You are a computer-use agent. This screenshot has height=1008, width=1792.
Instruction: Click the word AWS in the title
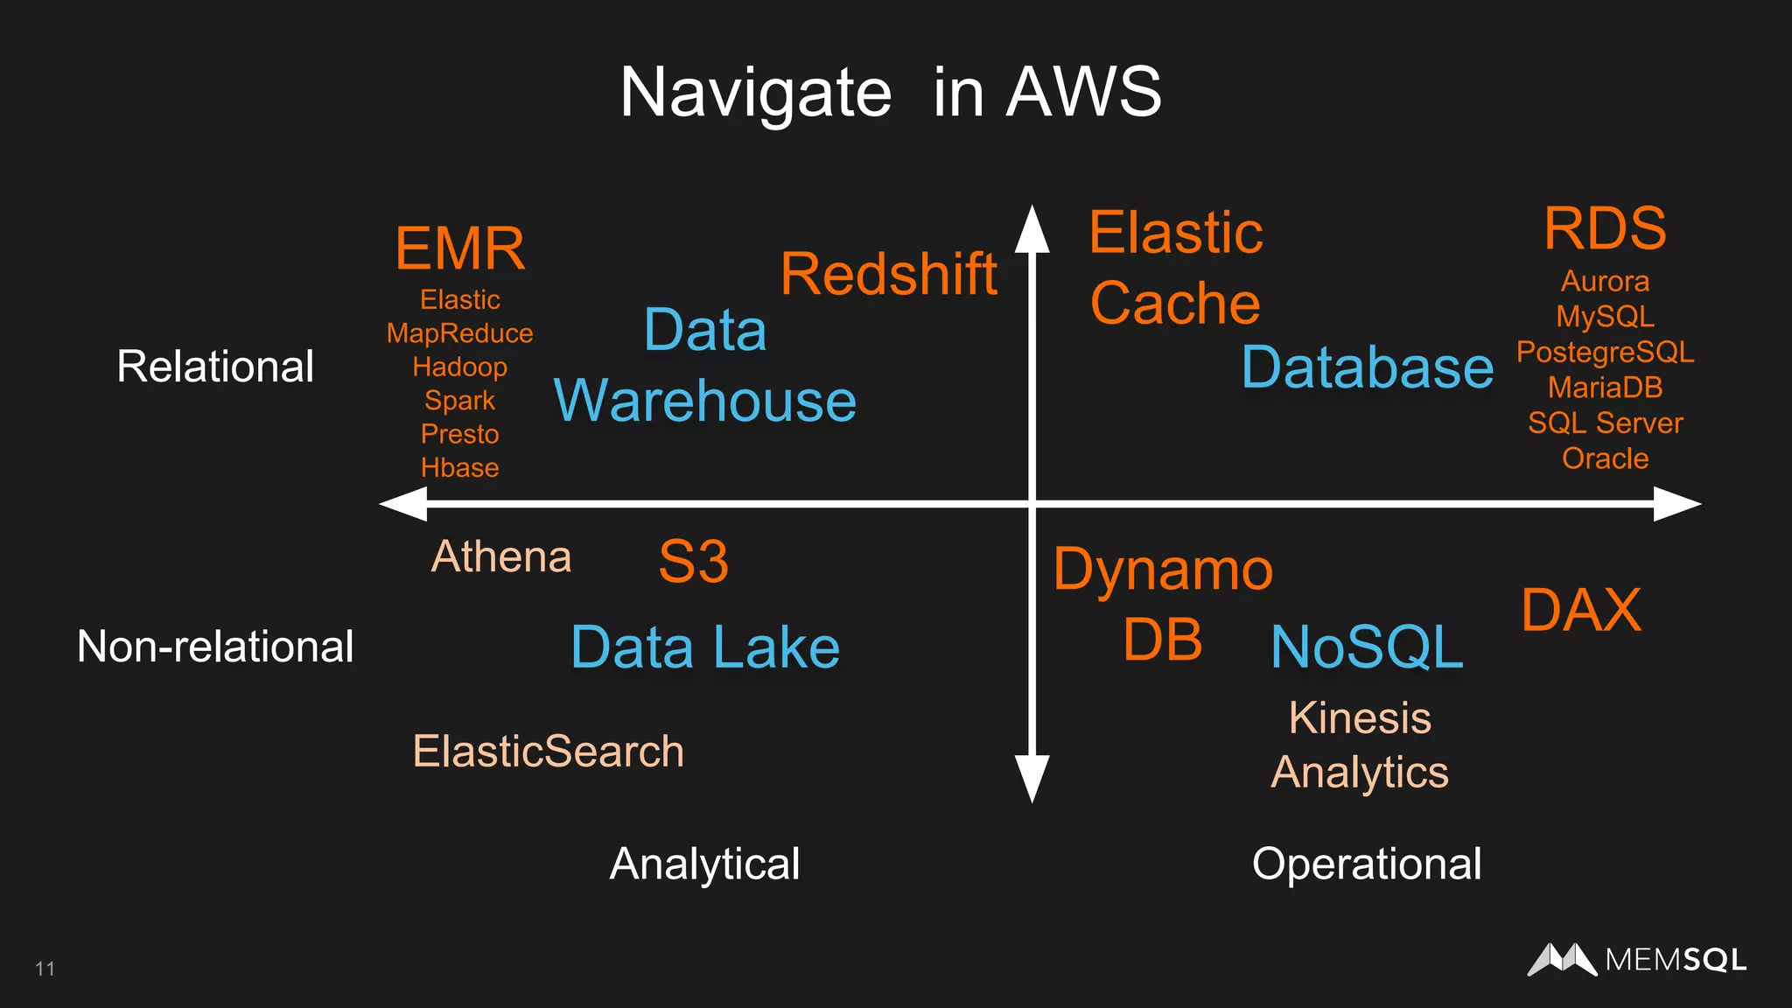tap(1083, 92)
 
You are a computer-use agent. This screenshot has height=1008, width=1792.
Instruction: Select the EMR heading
tap(460, 248)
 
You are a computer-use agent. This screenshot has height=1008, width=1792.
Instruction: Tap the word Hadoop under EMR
tap(459, 367)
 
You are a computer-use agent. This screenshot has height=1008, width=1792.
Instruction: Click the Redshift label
tap(888, 274)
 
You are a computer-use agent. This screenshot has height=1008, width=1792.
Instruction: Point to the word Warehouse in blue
tap(705, 401)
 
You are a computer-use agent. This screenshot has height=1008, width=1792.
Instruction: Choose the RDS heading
tap(1605, 228)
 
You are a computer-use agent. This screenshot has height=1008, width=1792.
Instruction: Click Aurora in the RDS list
tap(1605, 282)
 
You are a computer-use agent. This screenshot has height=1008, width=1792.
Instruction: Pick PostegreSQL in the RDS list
tap(1605, 352)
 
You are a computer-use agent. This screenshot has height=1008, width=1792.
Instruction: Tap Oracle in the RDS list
tap(1605, 458)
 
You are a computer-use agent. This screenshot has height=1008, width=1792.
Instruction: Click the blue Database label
tap(1367, 367)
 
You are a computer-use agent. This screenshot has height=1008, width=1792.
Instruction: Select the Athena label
tap(501, 556)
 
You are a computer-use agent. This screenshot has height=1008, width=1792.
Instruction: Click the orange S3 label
tap(693, 562)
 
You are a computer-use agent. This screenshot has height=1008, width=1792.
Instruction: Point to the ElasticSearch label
tap(548, 752)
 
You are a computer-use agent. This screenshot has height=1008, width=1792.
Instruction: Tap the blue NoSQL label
tap(1367, 647)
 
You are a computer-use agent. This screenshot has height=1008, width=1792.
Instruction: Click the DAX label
tap(1581, 610)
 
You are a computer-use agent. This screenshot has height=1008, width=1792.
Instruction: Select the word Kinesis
tap(1360, 718)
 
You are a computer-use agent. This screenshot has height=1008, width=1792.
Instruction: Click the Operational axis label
tap(1367, 864)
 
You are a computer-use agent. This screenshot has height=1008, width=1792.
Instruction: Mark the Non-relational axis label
tap(215, 647)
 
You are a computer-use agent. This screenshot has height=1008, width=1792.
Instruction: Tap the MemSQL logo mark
tap(1562, 960)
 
